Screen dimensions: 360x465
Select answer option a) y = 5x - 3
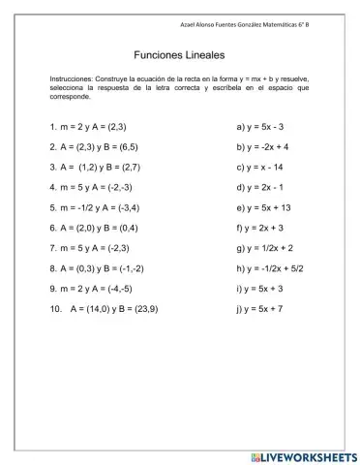click(x=258, y=127)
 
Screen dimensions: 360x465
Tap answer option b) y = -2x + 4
click(x=261, y=147)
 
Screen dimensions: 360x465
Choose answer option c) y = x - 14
click(x=259, y=167)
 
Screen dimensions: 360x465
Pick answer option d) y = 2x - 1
click(x=258, y=187)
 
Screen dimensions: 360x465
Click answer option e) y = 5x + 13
click(x=261, y=207)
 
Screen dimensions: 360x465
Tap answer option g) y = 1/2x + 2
click(x=264, y=248)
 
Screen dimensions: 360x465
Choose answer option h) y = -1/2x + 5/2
click(x=271, y=268)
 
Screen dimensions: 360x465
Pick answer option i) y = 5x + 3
click(x=258, y=288)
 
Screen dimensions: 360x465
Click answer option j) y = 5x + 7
click(x=258, y=308)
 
